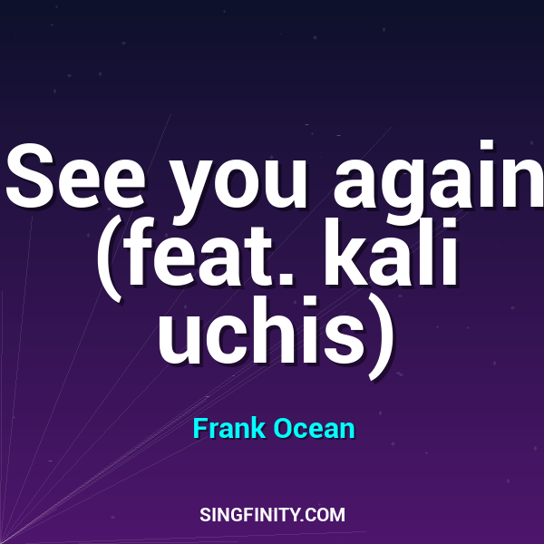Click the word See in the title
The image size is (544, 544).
78,177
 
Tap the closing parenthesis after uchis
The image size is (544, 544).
381,331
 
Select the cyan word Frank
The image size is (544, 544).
229,428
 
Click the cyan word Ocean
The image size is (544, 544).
314,428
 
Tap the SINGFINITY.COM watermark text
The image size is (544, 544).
272,515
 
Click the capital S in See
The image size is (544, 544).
32,176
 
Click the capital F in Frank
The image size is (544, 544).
199,428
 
